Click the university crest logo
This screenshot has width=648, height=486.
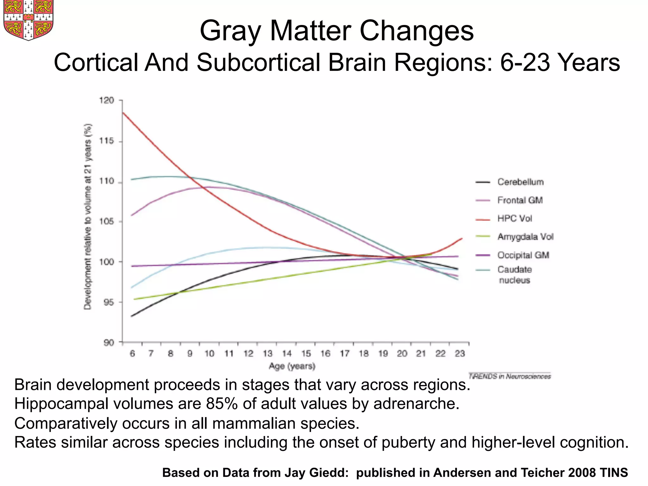pyautogui.click(x=28, y=20)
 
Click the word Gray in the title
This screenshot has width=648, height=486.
pyautogui.click(x=230, y=31)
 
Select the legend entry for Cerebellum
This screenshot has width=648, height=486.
pyautogui.click(x=520, y=182)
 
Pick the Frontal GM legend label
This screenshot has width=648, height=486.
pyautogui.click(x=520, y=200)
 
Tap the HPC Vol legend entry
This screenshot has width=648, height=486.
pyautogui.click(x=514, y=219)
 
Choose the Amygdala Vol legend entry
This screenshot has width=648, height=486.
pyautogui.click(x=525, y=237)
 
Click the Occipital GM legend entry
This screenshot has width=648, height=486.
pyautogui.click(x=523, y=255)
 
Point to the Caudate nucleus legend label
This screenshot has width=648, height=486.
pyautogui.click(x=514, y=275)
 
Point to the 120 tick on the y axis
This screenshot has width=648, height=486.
pyautogui.click(x=106, y=101)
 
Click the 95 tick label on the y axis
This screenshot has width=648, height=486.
pyautogui.click(x=108, y=302)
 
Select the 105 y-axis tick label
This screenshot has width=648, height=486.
pyautogui.click(x=106, y=221)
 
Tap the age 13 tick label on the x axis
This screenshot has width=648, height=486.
pyautogui.click(x=267, y=353)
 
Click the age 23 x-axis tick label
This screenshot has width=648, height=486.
pyautogui.click(x=460, y=353)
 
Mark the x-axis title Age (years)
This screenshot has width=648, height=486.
pyautogui.click(x=292, y=366)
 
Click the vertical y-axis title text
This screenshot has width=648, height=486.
pyautogui.click(x=88, y=217)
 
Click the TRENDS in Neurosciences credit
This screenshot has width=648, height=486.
pyautogui.click(x=509, y=376)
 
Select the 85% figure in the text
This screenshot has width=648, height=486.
pyautogui.click(x=221, y=404)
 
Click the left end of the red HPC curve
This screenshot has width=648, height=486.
pyautogui.click(x=123, y=113)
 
